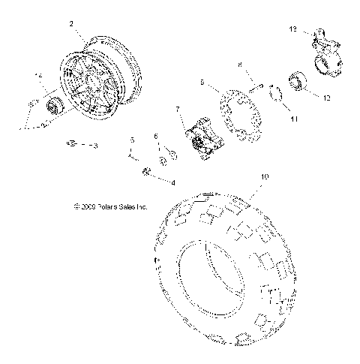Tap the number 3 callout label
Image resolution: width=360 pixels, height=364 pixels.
[94, 145]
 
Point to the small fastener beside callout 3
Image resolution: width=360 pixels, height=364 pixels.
[73, 143]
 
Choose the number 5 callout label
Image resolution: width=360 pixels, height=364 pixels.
[132, 140]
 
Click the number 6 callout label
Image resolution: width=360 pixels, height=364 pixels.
[156, 137]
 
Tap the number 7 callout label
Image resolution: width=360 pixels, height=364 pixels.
[178, 110]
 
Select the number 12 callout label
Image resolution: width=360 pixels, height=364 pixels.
[326, 98]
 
